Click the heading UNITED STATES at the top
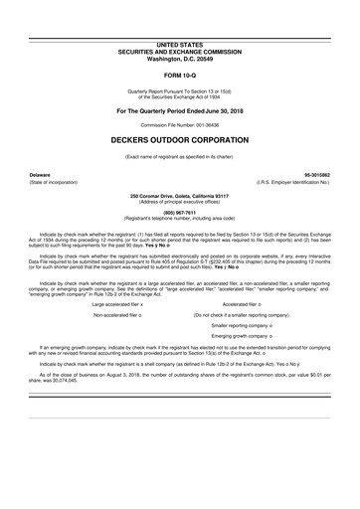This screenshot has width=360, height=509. tap(180, 17)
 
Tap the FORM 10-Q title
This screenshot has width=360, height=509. tap(180, 47)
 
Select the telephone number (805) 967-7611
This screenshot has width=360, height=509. tap(180, 184)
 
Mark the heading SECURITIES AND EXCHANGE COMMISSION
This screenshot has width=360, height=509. tap(180, 23)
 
